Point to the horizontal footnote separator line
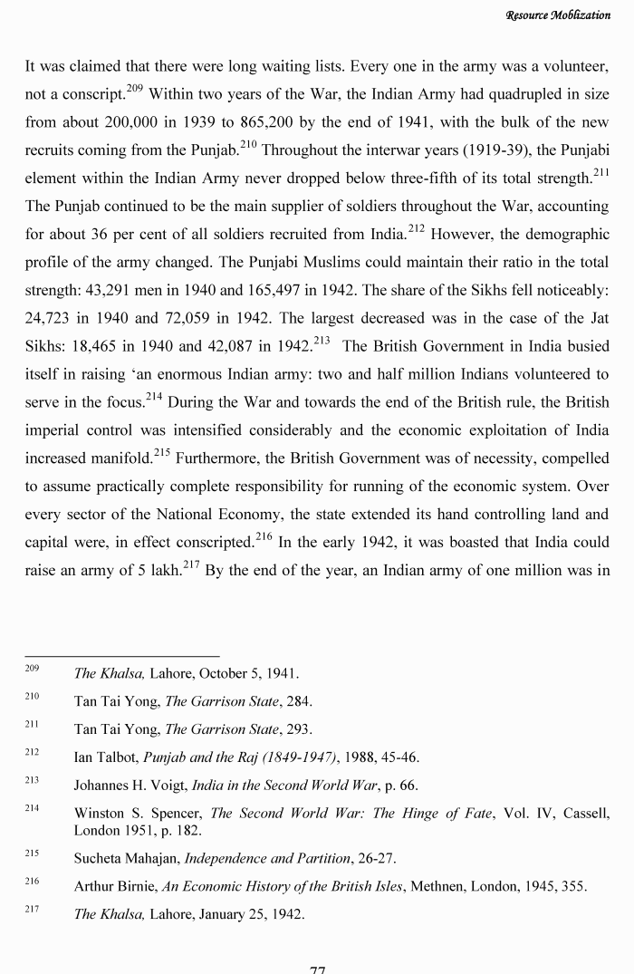(x=121, y=655)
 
